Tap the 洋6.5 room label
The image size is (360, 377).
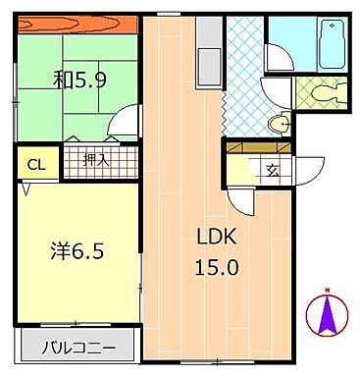click(77, 250)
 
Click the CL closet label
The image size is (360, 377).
click(33, 164)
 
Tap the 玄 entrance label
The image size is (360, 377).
click(272, 169)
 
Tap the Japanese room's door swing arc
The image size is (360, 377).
click(124, 122)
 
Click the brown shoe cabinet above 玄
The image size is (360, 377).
click(259, 146)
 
